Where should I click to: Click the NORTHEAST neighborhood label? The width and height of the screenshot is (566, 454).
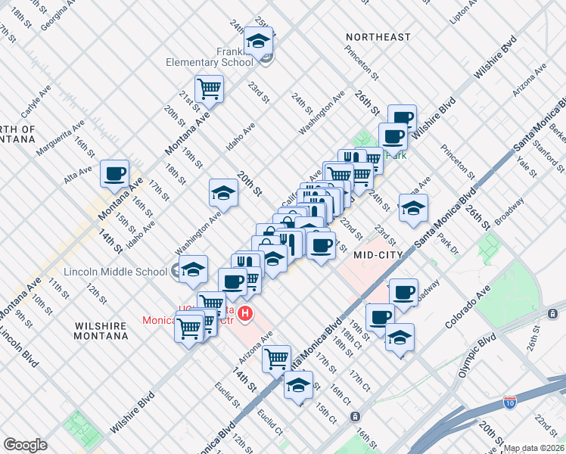tap(378, 37)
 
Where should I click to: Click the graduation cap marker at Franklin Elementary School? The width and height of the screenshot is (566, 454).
tap(259, 42)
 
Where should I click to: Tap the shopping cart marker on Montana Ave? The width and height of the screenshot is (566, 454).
tap(209, 89)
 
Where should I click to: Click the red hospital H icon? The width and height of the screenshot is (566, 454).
tap(244, 313)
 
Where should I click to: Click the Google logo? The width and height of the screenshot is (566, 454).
tap(25, 445)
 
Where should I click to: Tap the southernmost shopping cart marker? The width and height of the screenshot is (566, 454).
tap(277, 359)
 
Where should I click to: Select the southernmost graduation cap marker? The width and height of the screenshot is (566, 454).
tap(299, 384)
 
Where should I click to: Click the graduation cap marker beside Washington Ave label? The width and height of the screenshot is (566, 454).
tap(223, 194)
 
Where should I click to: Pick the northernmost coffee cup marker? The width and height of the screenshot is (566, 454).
tap(402, 118)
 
